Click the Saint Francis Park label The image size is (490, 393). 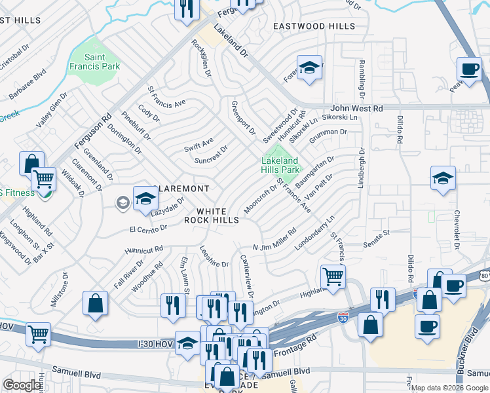coord(94,62)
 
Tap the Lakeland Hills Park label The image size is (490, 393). coord(280,165)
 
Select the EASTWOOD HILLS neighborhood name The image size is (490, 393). coord(314,26)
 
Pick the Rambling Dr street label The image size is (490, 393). coord(361,75)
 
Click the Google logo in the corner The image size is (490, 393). coord(22,385)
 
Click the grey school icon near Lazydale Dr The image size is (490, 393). coord(122,202)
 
